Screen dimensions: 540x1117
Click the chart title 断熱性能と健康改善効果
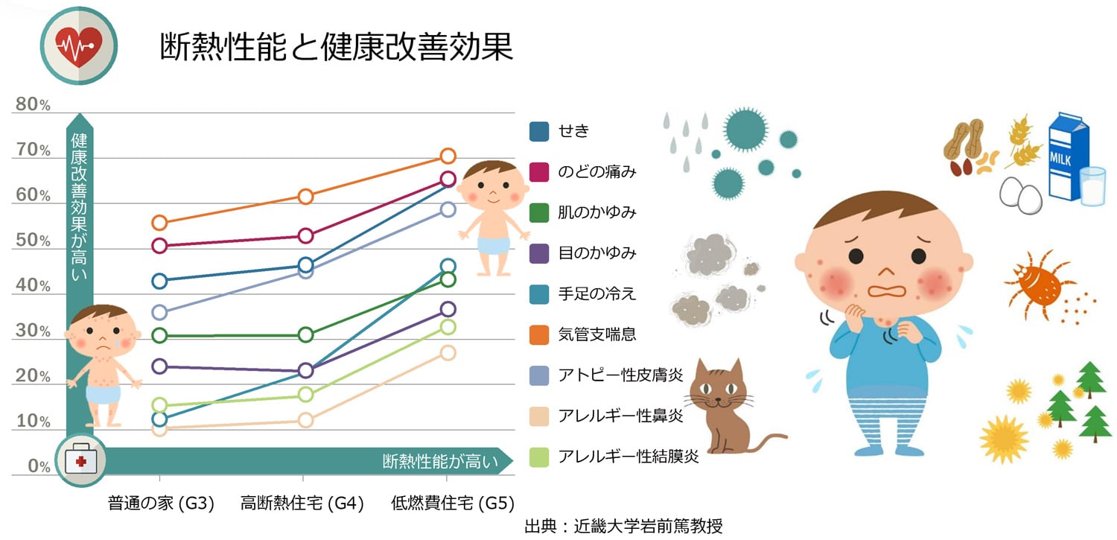(x=337, y=47)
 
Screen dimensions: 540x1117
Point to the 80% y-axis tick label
(x=34, y=105)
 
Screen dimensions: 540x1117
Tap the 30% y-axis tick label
(x=34, y=331)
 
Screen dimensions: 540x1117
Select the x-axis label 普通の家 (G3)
(x=161, y=504)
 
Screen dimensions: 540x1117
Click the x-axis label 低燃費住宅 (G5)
(x=453, y=504)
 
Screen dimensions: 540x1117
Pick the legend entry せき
(x=573, y=131)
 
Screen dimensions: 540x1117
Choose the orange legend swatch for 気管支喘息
(x=539, y=334)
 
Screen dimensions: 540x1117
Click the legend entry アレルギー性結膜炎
(x=628, y=457)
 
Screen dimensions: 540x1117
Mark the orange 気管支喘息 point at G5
(x=448, y=156)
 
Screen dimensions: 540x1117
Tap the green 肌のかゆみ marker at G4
(x=305, y=335)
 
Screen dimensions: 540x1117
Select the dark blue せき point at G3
(x=159, y=281)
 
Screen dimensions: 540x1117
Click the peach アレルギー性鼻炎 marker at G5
(x=448, y=353)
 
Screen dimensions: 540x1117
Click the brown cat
(x=722, y=406)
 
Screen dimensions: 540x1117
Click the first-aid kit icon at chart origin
(x=80, y=461)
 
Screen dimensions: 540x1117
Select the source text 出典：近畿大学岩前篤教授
(x=623, y=526)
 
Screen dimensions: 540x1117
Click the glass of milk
(x=1092, y=185)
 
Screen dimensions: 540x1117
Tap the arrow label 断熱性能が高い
(x=439, y=462)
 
